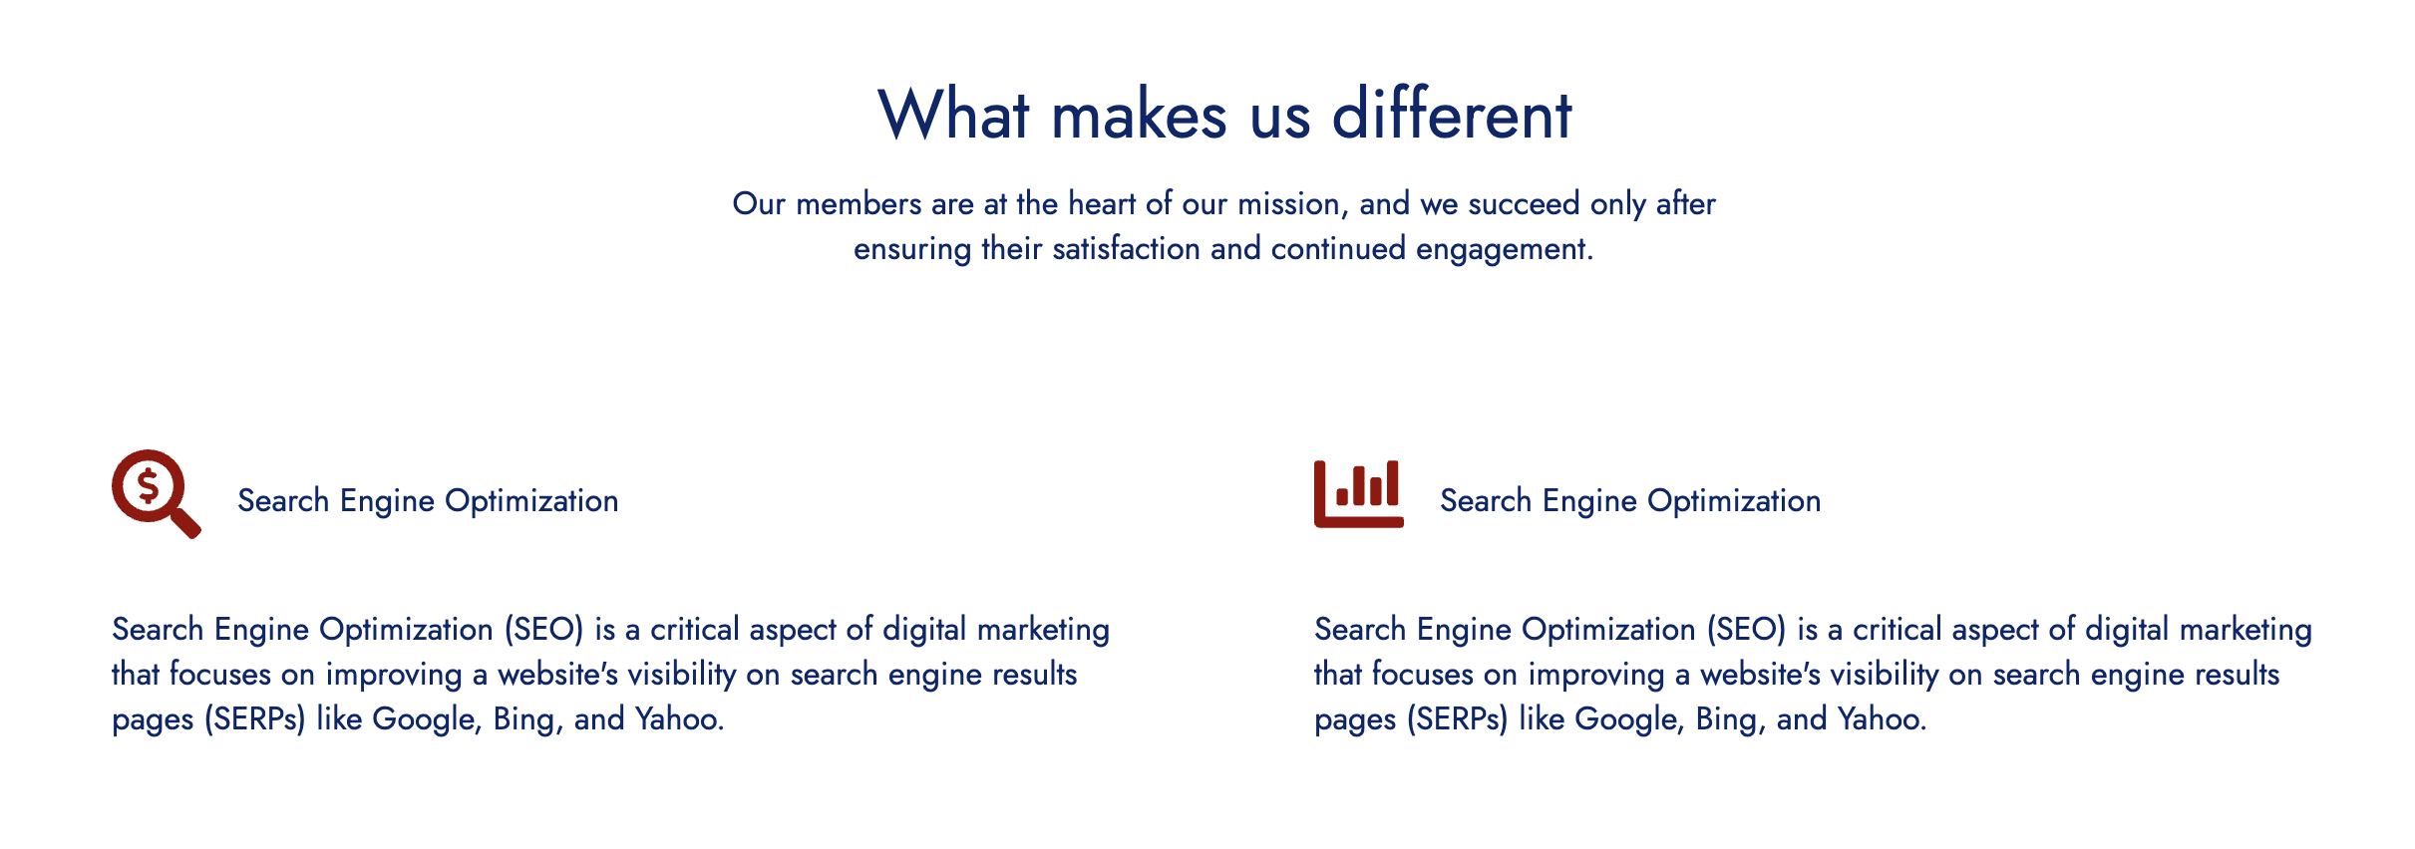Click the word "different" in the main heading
pyautogui.click(x=1452, y=114)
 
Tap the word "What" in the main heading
pyautogui.click(x=953, y=114)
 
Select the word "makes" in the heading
pyautogui.click(x=1140, y=114)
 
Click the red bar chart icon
pyautogui.click(x=1358, y=493)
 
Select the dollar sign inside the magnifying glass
pyautogui.click(x=148, y=486)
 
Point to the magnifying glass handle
pyautogui.click(x=185, y=522)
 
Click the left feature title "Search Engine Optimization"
pyautogui.click(x=428, y=500)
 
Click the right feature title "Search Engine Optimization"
pyautogui.click(x=1630, y=500)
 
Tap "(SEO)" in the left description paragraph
pyautogui.click(x=542, y=630)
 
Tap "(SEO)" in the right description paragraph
pyautogui.click(x=1745, y=630)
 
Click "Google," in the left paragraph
pyautogui.click(x=428, y=719)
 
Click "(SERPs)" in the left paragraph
pyautogui.click(x=254, y=719)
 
